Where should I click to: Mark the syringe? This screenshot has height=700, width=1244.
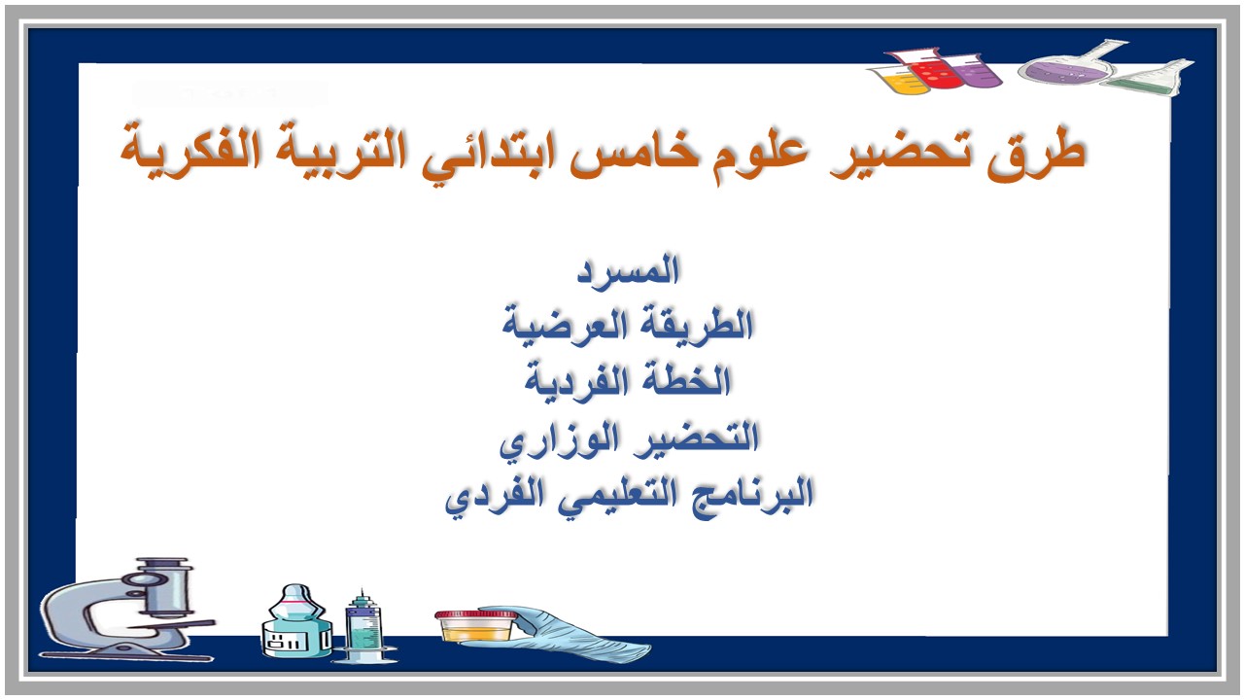click(x=362, y=627)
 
